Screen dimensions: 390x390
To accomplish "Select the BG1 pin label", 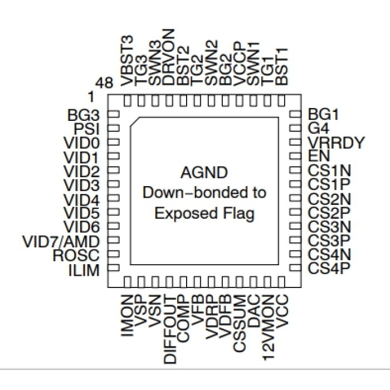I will pyautogui.click(x=323, y=115).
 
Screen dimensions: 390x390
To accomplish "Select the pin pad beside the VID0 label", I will pyautogui.click(x=114, y=143).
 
